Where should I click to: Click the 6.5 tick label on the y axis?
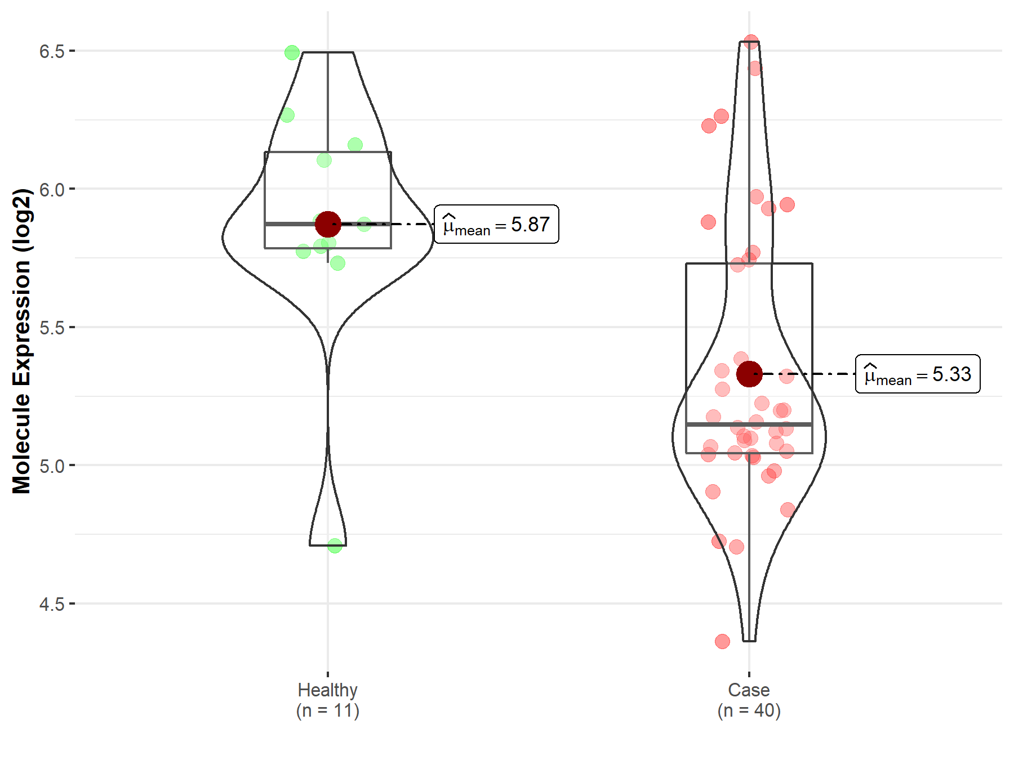point(52,51)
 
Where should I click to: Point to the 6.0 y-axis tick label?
point(52,190)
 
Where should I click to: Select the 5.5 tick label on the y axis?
point(52,328)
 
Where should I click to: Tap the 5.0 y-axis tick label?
point(52,466)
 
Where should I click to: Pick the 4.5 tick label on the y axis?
point(52,604)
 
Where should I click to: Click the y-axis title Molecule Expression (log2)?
point(22,341)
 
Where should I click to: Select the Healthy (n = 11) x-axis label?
point(328,700)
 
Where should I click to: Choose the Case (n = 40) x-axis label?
point(749,700)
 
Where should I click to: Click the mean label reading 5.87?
point(496,224)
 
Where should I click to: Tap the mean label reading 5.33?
point(918,374)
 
